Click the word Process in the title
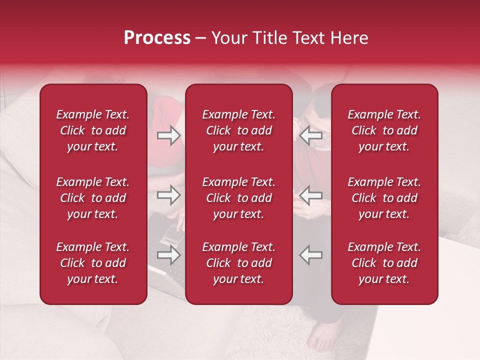[x=157, y=38]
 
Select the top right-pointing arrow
[x=169, y=135]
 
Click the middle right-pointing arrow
[x=169, y=194]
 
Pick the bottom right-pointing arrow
[x=169, y=255]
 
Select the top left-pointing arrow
[x=311, y=135]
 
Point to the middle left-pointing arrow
[x=311, y=194]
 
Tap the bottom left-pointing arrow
[x=311, y=255]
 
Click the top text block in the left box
[x=93, y=130]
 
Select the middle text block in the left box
[x=93, y=198]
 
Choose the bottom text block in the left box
[x=93, y=263]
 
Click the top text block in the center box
[x=239, y=130]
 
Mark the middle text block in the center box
[x=239, y=198]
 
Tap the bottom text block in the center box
[x=239, y=263]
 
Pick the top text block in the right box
[x=384, y=130]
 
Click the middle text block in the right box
[x=384, y=198]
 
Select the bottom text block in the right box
[x=384, y=263]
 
